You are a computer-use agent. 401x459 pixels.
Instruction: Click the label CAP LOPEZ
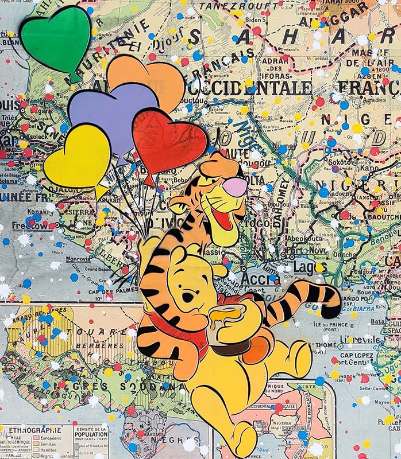(x=357, y=354)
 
